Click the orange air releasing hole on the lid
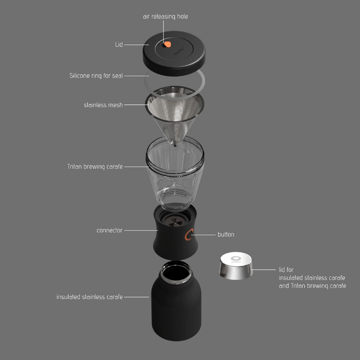[168, 44]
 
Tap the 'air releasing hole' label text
[165, 16]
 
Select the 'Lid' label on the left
[119, 44]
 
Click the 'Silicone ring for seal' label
[96, 75]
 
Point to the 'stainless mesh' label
[103, 105]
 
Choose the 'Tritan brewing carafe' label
[95, 166]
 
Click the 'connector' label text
[109, 230]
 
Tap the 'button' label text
[226, 234]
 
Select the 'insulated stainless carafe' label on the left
[89, 297]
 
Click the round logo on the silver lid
[236, 258]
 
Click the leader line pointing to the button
[204, 234]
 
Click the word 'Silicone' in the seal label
[81, 75]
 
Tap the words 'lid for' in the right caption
[286, 270]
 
